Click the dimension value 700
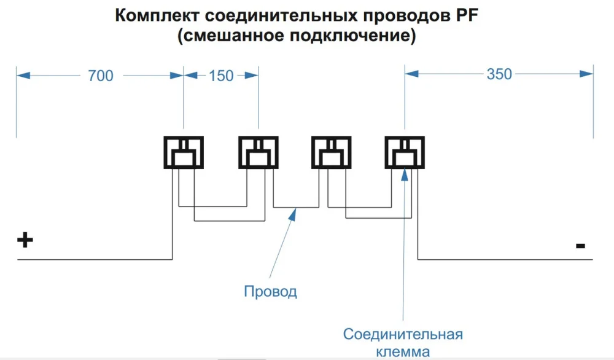[x=101, y=76]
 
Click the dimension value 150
[x=221, y=76]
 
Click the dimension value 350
[x=499, y=74]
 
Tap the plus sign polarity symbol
[x=24, y=240]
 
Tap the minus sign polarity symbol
[x=580, y=246]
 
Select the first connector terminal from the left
[x=183, y=152]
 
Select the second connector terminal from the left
[x=258, y=152]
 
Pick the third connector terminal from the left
[x=331, y=152]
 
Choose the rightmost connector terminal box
[x=404, y=152]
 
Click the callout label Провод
[x=270, y=291]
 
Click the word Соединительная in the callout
[x=403, y=335]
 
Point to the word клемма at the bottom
[x=403, y=352]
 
